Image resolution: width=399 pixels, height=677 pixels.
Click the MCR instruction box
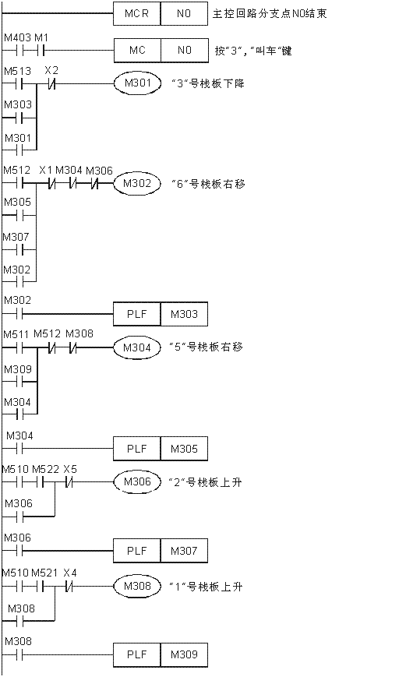tap(137, 13)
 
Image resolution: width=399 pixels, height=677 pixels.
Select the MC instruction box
tap(137, 51)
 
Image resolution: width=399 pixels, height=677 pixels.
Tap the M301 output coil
tap(137, 83)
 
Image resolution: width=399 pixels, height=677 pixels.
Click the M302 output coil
tap(137, 184)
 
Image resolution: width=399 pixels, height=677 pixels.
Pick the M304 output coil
tap(137, 347)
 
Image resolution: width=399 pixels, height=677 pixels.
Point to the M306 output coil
tap(137, 481)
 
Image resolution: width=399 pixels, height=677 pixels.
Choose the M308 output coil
tap(137, 587)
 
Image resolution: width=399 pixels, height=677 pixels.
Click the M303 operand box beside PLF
tap(184, 314)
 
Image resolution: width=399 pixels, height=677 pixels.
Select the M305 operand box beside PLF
tap(184, 449)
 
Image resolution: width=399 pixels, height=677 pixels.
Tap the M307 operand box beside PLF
tap(184, 551)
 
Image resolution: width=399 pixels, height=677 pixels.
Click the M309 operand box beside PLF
tap(184, 654)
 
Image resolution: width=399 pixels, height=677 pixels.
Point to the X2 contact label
tap(51, 70)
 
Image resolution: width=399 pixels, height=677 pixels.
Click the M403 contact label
tap(17, 38)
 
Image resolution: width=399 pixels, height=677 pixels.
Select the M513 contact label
tap(17, 70)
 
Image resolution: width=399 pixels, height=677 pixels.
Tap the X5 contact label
tap(70, 469)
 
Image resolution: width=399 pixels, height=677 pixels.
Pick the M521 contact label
tap(44, 573)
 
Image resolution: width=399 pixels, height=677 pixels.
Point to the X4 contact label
tap(70, 573)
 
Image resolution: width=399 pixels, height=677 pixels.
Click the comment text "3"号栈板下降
tap(208, 83)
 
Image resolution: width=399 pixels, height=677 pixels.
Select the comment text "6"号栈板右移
tap(209, 184)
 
